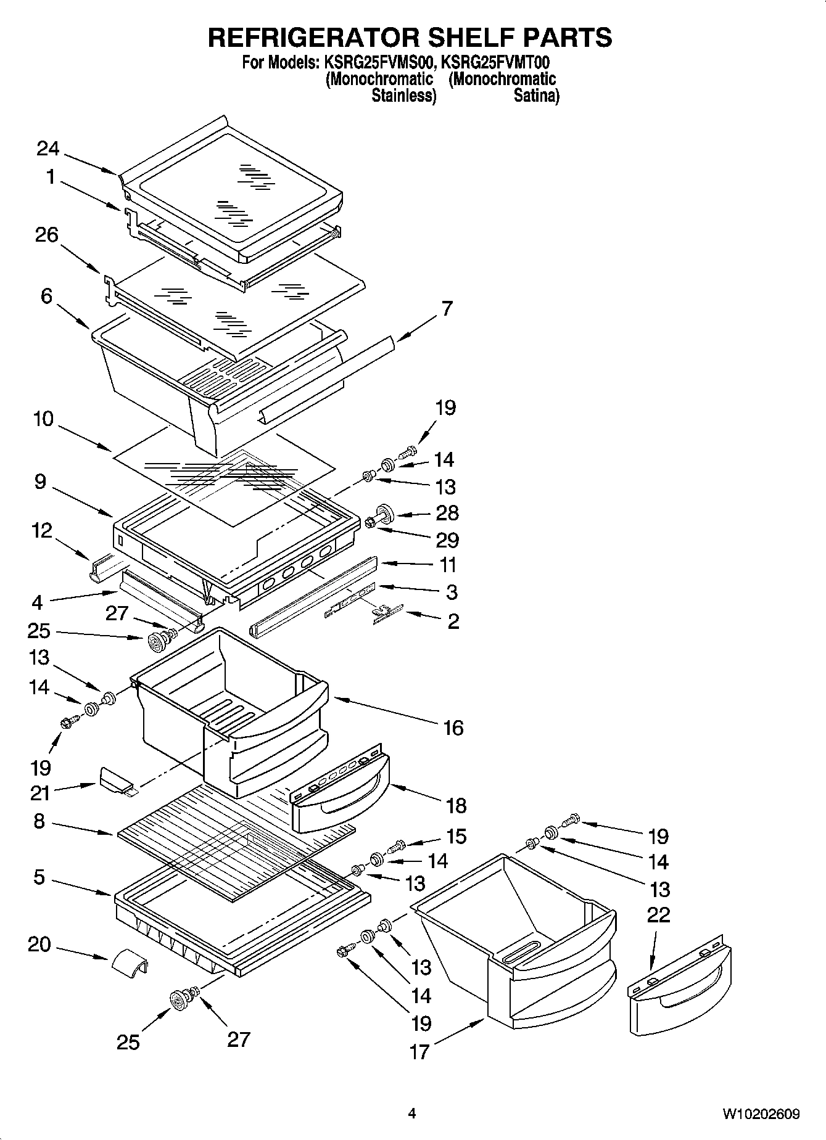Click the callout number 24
[x=47, y=149]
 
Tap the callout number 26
[x=47, y=235]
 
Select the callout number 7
[x=447, y=308]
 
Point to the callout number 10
[x=43, y=419]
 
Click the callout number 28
[x=447, y=513]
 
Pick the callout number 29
[x=447, y=540]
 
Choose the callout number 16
[x=453, y=728]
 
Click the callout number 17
[x=419, y=1052]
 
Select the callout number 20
[x=39, y=944]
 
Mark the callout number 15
[x=456, y=836]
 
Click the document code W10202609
[x=761, y=1113]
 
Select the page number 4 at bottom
[x=412, y=1113]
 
